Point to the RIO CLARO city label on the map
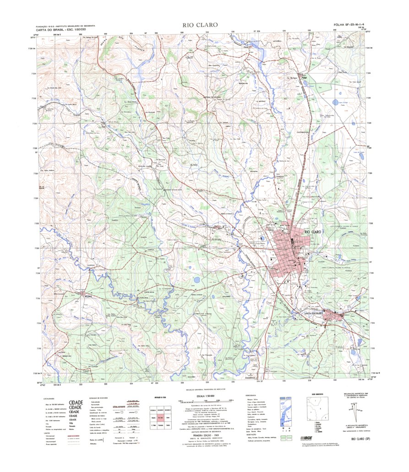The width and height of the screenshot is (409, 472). click(x=313, y=233)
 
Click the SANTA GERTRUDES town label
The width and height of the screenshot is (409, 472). click(x=311, y=313)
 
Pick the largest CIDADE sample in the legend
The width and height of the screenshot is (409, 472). click(x=76, y=403)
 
